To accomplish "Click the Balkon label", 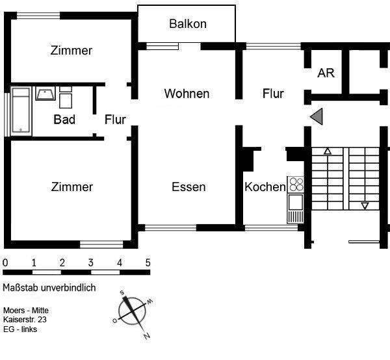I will tap(187, 24).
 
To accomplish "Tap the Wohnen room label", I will tap(187, 94).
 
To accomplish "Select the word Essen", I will tap(188, 187).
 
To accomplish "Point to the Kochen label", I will tap(265, 187).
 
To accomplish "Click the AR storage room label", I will tap(326, 73).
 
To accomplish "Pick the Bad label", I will tap(64, 120).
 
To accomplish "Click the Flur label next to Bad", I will tap(115, 120).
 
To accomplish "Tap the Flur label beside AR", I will tap(273, 94).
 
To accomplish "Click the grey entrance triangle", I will tap(317, 116).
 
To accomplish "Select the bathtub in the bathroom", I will tap(21, 111).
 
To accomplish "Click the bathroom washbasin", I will tap(45, 95).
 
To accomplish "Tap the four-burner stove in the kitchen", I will tap(296, 184).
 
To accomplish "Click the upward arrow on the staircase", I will tap(328, 152).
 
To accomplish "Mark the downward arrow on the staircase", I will tap(365, 206).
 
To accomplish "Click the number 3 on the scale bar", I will tap(91, 263).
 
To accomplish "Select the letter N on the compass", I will tap(147, 335).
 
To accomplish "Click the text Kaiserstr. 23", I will tap(25, 320).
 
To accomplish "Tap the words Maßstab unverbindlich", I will tap(49, 288).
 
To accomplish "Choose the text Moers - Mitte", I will tap(25, 311).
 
